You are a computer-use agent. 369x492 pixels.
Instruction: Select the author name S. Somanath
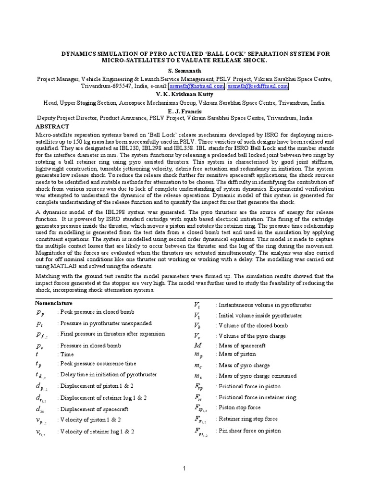tap(184, 71)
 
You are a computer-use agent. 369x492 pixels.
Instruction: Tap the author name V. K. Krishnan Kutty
tap(184, 94)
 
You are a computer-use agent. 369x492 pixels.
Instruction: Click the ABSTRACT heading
tap(53, 126)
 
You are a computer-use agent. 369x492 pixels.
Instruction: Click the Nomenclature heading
tap(54, 303)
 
